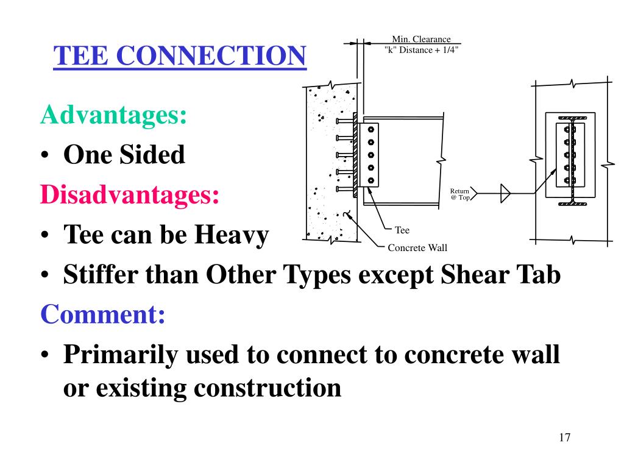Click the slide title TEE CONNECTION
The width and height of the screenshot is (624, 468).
pos(179,57)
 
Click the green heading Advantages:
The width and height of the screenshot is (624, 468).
pos(114,115)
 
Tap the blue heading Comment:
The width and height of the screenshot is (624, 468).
pos(103,315)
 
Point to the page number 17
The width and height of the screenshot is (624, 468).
pos(564,438)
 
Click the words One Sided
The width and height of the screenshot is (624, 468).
pos(124,155)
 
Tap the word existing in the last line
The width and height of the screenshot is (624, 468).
pos(141,388)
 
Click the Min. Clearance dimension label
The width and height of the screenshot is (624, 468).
pos(421,40)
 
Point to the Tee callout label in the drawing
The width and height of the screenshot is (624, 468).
pos(402,230)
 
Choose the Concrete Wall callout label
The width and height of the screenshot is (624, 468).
pos(417,247)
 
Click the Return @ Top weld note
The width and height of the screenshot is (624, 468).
pos(460,194)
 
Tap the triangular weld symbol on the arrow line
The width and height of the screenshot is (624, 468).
pos(505,193)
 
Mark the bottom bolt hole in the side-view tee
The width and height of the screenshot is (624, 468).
pos(371,179)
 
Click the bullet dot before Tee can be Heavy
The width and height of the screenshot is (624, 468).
pos(46,236)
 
